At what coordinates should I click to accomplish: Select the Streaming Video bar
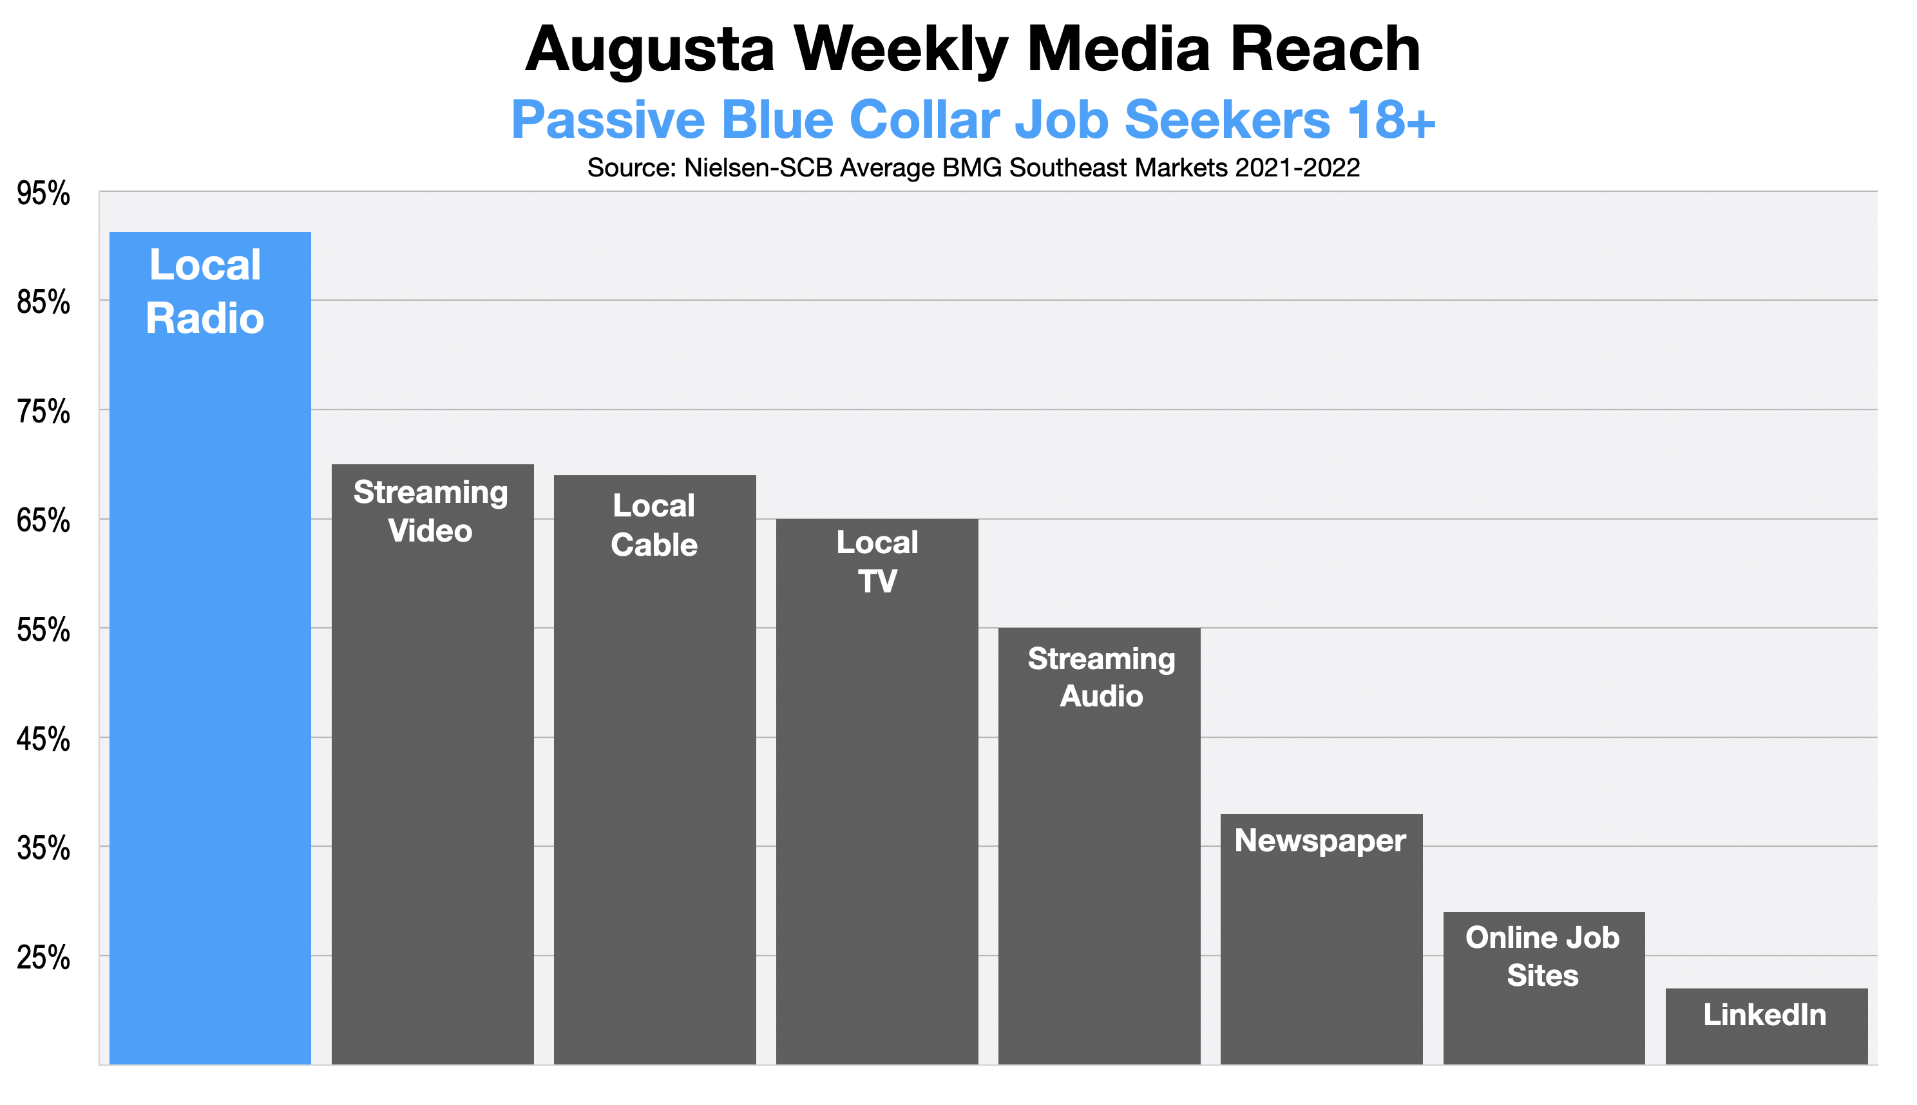[433, 764]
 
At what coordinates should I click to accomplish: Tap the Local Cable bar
[654, 770]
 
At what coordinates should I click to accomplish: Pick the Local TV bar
[877, 791]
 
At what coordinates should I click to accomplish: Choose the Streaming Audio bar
[1100, 845]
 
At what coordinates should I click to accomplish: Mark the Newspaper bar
[1321, 939]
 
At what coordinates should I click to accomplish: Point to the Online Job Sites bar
[1543, 987]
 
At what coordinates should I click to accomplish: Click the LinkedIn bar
[1766, 1026]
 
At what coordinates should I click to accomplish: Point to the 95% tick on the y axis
[43, 194]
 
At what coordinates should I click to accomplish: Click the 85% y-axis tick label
[43, 303]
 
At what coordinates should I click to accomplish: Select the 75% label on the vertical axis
[43, 413]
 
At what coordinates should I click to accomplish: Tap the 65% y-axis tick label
[43, 522]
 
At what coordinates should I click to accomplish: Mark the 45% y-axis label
[43, 741]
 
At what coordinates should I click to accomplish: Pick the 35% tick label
[43, 849]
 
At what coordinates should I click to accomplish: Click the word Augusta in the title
[650, 50]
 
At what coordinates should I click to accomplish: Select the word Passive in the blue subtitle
[608, 120]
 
